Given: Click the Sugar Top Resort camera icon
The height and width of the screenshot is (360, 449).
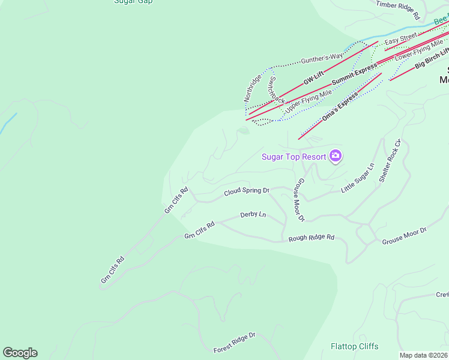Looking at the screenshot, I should click(336, 157).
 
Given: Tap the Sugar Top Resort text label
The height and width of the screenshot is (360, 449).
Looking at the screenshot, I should click(294, 157).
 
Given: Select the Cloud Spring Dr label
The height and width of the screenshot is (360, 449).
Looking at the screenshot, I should click(247, 191).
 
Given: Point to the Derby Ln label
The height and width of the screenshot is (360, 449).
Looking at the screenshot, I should click(253, 214).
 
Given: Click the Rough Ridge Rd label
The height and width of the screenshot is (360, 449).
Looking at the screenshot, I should click(311, 238).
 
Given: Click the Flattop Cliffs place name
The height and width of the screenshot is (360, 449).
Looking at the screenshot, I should click(355, 346).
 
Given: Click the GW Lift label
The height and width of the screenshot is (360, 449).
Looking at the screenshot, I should click(313, 77).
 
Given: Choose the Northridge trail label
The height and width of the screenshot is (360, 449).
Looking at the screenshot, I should click(252, 88).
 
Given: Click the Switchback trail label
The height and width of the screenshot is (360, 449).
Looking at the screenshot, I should click(277, 90).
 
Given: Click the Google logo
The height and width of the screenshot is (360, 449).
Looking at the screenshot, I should click(20, 353).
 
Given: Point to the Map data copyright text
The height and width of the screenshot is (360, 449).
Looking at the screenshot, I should click(424, 355).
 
